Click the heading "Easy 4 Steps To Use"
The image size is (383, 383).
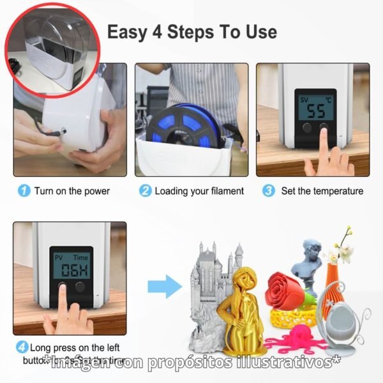(x=192, y=31)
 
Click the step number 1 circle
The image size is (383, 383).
(x=24, y=191)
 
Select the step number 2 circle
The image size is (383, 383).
(x=146, y=191)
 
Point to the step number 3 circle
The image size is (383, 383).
(x=269, y=191)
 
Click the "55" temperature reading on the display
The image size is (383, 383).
(x=316, y=110)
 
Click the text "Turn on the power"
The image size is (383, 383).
(x=72, y=191)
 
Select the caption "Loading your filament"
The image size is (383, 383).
(x=199, y=191)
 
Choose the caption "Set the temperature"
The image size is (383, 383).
(x=322, y=191)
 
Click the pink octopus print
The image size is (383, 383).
(x=294, y=335)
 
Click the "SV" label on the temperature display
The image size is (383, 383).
(x=306, y=100)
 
